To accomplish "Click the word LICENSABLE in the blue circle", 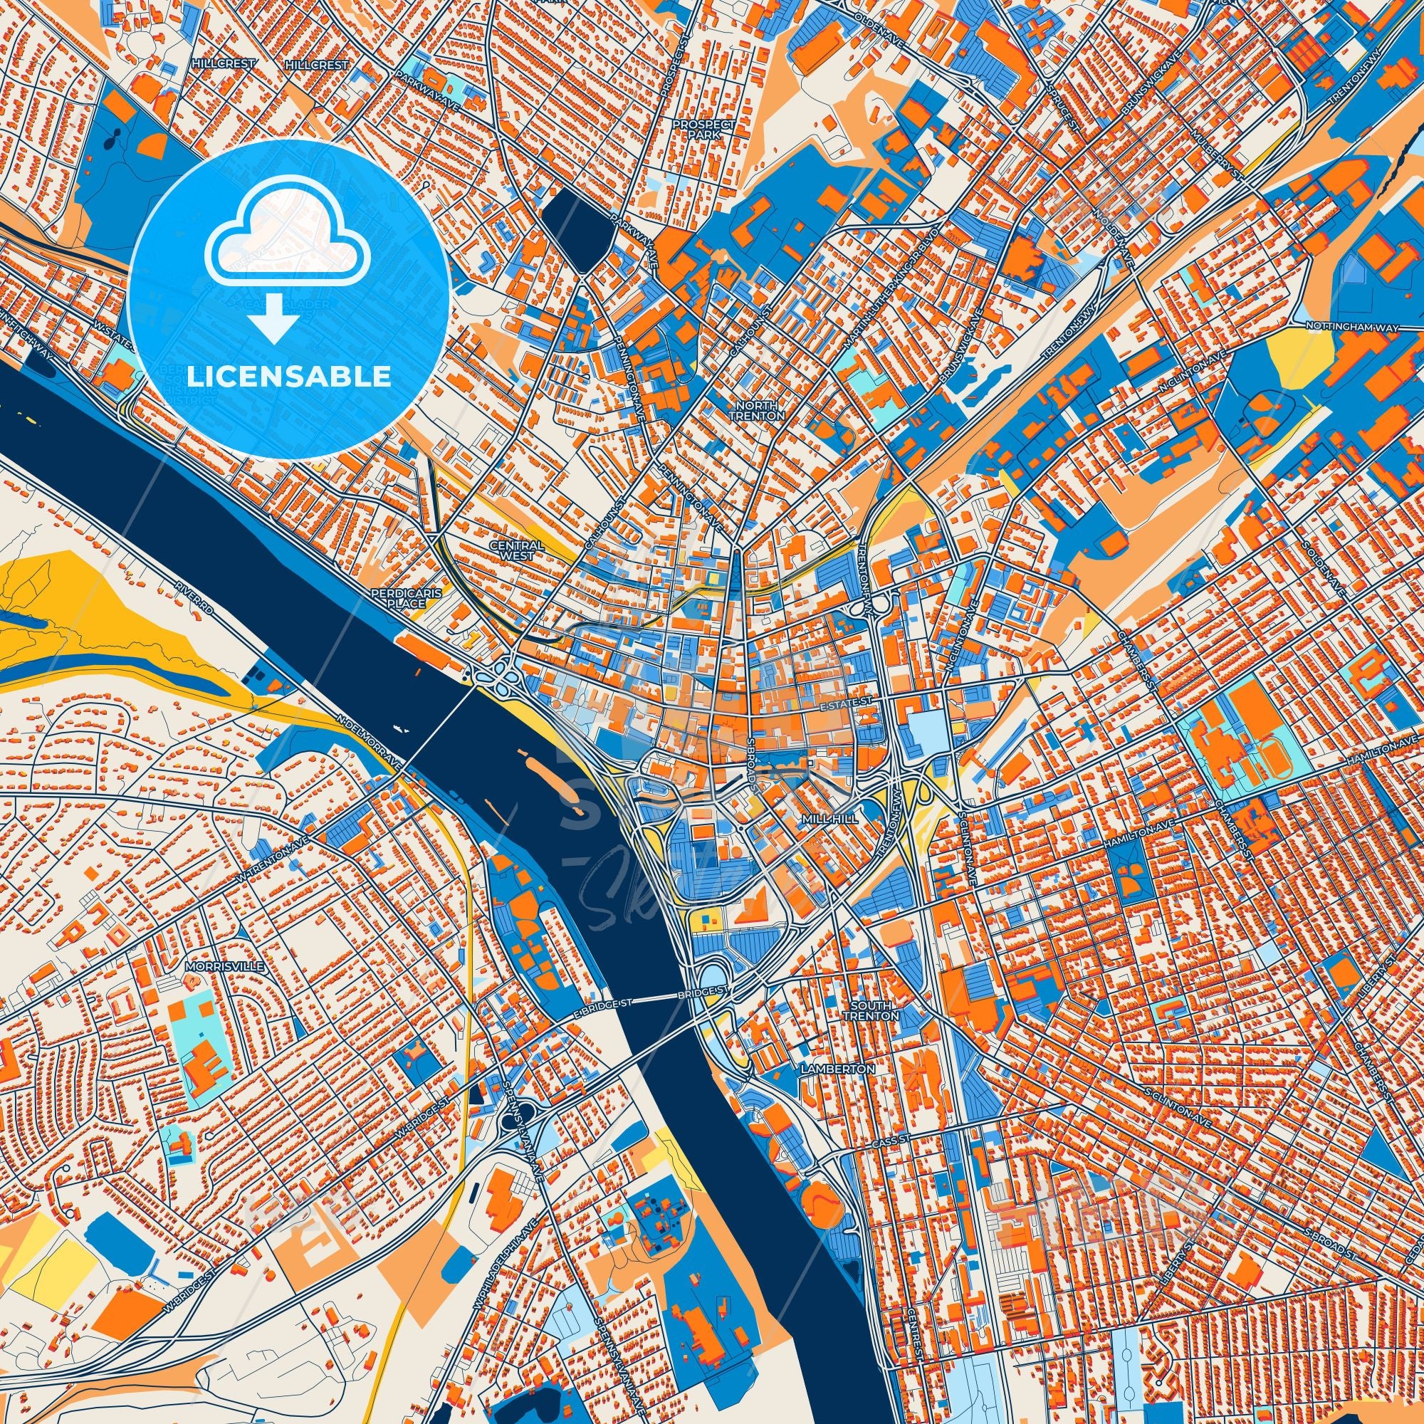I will pyautogui.click(x=289, y=377).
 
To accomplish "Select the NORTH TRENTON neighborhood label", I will pyautogui.click(x=760, y=411).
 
